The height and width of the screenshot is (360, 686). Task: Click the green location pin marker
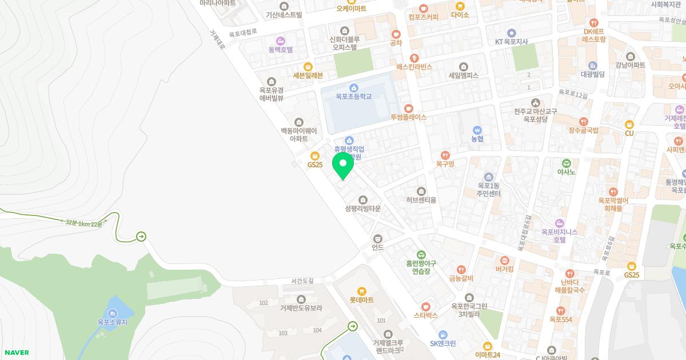pyautogui.click(x=343, y=165)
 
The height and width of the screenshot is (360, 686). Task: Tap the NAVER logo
pyautogui.click(x=16, y=353)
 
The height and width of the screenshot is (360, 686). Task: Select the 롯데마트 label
pyautogui.click(x=361, y=300)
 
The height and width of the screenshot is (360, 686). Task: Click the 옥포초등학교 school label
pyautogui.click(x=353, y=97)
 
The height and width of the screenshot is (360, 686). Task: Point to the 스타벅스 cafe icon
pyautogui.click(x=425, y=307)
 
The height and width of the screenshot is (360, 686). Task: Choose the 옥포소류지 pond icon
pyautogui.click(x=112, y=313)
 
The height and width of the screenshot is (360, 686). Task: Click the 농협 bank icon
pyautogui.click(x=477, y=130)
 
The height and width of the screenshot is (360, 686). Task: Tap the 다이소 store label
pyautogui.click(x=460, y=15)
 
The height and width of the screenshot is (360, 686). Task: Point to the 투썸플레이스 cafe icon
pyautogui.click(x=408, y=109)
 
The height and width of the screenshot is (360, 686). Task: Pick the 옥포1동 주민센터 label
pyautogui.click(x=489, y=190)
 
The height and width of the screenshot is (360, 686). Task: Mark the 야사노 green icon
pyautogui.click(x=566, y=163)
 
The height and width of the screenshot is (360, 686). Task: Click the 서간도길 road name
pyautogui.click(x=302, y=281)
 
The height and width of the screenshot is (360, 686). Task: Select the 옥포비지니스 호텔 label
pyautogui.click(x=560, y=236)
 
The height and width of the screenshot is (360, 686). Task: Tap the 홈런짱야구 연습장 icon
pyautogui.click(x=421, y=255)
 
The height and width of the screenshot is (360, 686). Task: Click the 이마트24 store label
pyautogui.click(x=487, y=355)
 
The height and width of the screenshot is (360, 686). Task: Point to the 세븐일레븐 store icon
pyautogui.click(x=308, y=66)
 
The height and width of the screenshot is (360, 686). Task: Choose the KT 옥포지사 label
pyautogui.click(x=511, y=42)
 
